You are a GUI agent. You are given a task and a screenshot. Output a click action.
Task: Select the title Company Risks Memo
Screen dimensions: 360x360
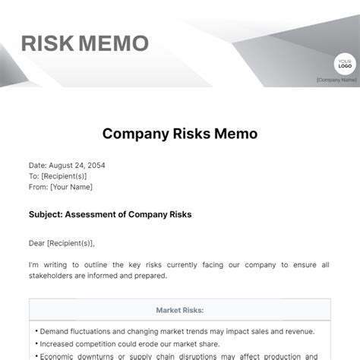click(x=180, y=134)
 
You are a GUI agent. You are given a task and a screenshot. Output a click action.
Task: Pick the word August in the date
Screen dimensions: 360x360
click(x=62, y=164)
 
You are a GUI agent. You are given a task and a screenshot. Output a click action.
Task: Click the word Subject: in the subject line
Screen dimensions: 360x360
click(x=45, y=215)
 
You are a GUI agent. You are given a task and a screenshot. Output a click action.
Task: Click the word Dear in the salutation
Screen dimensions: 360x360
click(x=38, y=243)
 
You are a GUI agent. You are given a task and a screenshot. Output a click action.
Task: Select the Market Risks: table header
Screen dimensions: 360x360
click(x=180, y=310)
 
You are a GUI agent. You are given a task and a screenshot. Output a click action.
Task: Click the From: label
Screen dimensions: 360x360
click(x=38, y=186)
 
